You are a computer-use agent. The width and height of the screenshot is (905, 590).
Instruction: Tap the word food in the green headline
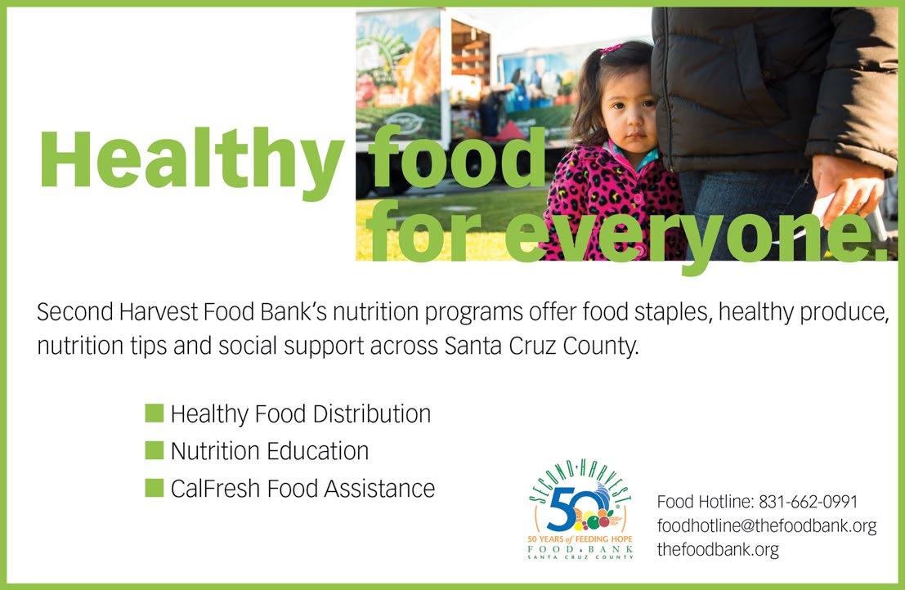[457, 158]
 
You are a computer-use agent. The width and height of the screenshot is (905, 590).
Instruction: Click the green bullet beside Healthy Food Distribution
[155, 413]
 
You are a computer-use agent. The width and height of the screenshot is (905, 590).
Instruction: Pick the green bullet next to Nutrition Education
[155, 450]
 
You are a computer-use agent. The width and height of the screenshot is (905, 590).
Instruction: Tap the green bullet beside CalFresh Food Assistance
[155, 488]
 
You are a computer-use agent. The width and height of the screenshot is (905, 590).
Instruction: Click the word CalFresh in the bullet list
[215, 489]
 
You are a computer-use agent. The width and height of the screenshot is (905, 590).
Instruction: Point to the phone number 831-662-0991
[808, 502]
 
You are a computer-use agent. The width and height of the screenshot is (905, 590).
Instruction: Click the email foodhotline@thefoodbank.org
[767, 525]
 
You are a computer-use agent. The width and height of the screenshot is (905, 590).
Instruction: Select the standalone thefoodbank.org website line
[718, 549]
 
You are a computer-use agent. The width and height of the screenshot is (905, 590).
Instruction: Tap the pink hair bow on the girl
[611, 50]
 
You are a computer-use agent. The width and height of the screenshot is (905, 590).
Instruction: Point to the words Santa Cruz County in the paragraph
[541, 346]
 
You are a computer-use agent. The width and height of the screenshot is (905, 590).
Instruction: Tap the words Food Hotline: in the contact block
[705, 502]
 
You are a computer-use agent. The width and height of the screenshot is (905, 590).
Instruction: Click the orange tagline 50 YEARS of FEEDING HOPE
[580, 539]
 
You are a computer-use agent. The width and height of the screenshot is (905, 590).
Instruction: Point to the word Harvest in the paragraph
[158, 312]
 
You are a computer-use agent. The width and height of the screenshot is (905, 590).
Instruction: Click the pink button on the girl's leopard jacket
[638, 198]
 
